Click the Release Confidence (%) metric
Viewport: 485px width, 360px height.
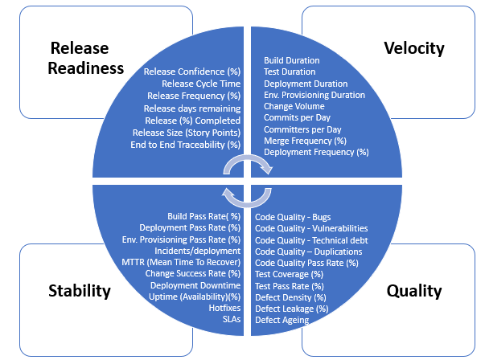191,72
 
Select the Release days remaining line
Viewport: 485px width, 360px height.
192,108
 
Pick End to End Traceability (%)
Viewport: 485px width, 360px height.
185,145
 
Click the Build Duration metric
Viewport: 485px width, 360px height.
291,60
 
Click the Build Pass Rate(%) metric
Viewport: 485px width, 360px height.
203,216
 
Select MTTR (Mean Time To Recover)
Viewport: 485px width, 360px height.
180,262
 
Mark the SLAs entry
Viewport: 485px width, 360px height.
232,319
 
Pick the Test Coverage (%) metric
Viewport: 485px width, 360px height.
290,274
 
